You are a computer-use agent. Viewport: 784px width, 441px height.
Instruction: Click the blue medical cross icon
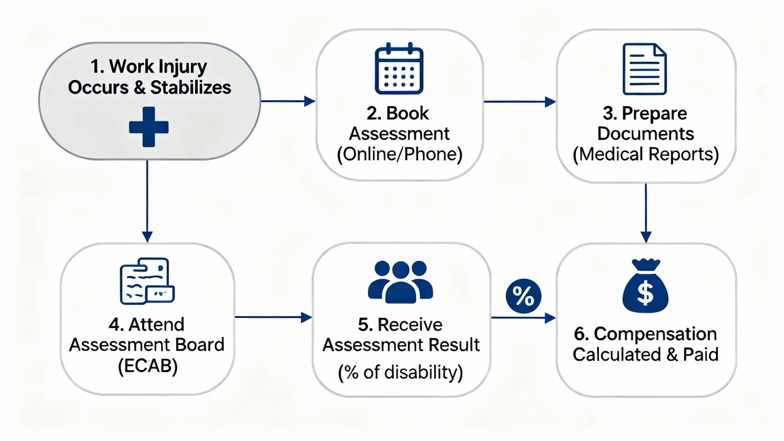click(x=149, y=127)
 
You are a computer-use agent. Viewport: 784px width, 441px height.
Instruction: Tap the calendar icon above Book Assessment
click(x=399, y=69)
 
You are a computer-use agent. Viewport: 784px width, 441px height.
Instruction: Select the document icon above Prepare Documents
click(x=644, y=69)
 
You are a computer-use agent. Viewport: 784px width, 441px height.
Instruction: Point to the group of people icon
click(x=400, y=282)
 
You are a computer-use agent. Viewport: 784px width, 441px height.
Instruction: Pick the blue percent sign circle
click(x=523, y=296)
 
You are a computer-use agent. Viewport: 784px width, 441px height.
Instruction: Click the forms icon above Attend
click(x=147, y=281)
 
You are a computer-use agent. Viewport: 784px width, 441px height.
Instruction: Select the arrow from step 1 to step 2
click(x=288, y=101)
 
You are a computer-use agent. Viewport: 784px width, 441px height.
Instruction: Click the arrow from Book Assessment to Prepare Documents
click(x=520, y=102)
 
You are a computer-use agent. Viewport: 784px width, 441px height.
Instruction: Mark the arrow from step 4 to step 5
click(x=273, y=317)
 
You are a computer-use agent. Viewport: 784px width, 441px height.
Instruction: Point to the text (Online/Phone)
click(x=400, y=154)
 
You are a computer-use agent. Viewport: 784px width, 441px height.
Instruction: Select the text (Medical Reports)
click(x=646, y=154)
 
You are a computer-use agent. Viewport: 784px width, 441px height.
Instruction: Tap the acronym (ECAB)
click(x=148, y=366)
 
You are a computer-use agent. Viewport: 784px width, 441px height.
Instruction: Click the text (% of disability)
click(x=400, y=372)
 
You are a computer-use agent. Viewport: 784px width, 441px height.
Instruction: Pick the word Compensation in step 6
click(x=655, y=334)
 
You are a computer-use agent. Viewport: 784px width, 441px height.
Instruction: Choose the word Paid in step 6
click(x=701, y=354)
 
